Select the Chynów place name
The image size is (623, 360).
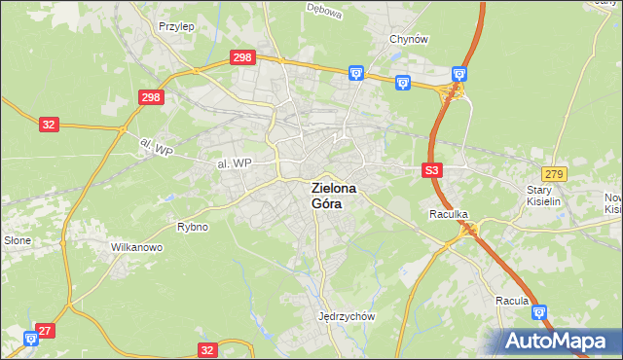409,39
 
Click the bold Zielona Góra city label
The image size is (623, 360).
333,196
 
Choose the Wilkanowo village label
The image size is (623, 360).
136,247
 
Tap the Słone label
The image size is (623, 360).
18,239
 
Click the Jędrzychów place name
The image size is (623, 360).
347,316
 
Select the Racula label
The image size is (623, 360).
511,301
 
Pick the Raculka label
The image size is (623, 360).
450,212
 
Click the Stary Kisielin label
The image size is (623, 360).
545,196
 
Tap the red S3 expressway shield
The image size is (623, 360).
433,170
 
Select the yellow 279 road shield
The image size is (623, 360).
555,173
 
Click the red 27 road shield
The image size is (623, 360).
46,331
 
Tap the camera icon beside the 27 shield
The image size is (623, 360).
31,338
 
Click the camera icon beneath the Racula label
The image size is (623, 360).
538,313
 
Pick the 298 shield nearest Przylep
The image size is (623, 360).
242,58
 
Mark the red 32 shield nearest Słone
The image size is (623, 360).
50,124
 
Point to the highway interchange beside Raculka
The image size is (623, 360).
471,229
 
